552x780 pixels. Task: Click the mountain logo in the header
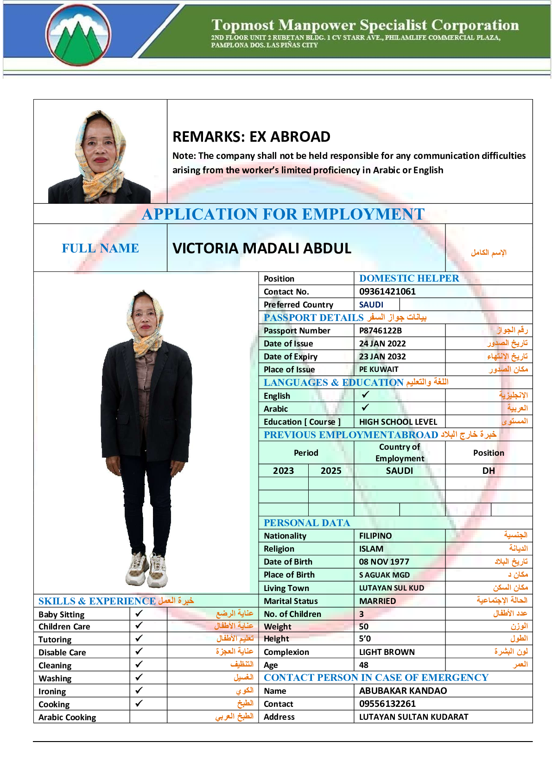(79, 35)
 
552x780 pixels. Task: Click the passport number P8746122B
(380, 331)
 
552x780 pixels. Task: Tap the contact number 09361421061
(387, 291)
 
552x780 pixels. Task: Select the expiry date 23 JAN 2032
(382, 357)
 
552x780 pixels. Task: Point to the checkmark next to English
(365, 395)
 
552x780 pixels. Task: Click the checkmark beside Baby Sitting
(139, 613)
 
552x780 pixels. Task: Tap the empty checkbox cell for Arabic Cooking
(148, 717)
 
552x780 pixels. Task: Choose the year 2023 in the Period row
(283, 471)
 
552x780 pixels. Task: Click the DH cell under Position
(489, 471)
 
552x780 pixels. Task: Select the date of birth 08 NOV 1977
(384, 562)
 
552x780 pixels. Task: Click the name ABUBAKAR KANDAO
(403, 691)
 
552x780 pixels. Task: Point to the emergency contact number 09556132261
(387, 704)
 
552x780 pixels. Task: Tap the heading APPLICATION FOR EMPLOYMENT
(283, 214)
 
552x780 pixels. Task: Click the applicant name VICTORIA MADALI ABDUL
(262, 248)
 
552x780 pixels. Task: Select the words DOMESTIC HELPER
(409, 278)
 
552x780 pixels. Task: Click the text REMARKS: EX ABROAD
(251, 137)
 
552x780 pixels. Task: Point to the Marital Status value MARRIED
(377, 601)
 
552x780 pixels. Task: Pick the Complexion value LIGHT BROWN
(387, 652)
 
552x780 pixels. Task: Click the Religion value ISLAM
(371, 549)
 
